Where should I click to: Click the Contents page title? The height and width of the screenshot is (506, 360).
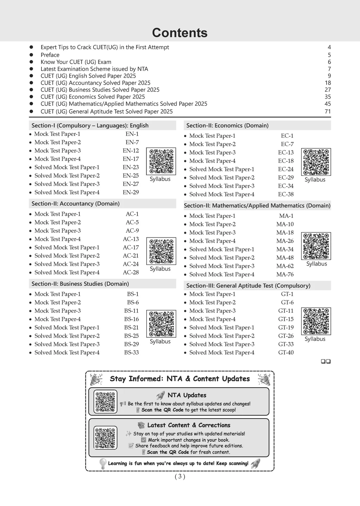point(180,33)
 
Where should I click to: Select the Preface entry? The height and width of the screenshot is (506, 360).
point(50,55)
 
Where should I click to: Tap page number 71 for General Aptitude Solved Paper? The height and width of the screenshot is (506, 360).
point(328,111)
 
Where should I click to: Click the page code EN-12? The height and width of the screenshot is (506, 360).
point(131,150)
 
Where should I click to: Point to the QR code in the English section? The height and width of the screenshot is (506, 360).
point(161,161)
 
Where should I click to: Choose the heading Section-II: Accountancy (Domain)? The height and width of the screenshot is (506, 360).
point(76,203)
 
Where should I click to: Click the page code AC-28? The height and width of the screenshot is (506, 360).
point(131,272)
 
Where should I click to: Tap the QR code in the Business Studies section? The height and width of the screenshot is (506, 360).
point(161,324)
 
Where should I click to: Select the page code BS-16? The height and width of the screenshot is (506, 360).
point(131,319)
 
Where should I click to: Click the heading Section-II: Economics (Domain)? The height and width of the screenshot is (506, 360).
point(227,125)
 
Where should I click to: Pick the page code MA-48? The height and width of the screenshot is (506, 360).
point(285,258)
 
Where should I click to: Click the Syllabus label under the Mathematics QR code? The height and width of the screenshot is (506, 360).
point(316,264)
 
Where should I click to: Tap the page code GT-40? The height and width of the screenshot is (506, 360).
point(286,352)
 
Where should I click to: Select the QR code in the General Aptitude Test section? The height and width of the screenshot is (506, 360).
point(316,321)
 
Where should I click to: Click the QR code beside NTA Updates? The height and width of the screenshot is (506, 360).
point(105,401)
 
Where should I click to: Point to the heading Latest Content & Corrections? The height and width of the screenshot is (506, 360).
point(188,425)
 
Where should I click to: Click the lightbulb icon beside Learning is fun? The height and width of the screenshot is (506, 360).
point(103,463)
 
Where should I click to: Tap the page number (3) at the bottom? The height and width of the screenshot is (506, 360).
point(180,476)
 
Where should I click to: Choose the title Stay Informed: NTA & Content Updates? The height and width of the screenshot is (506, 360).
point(180,379)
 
